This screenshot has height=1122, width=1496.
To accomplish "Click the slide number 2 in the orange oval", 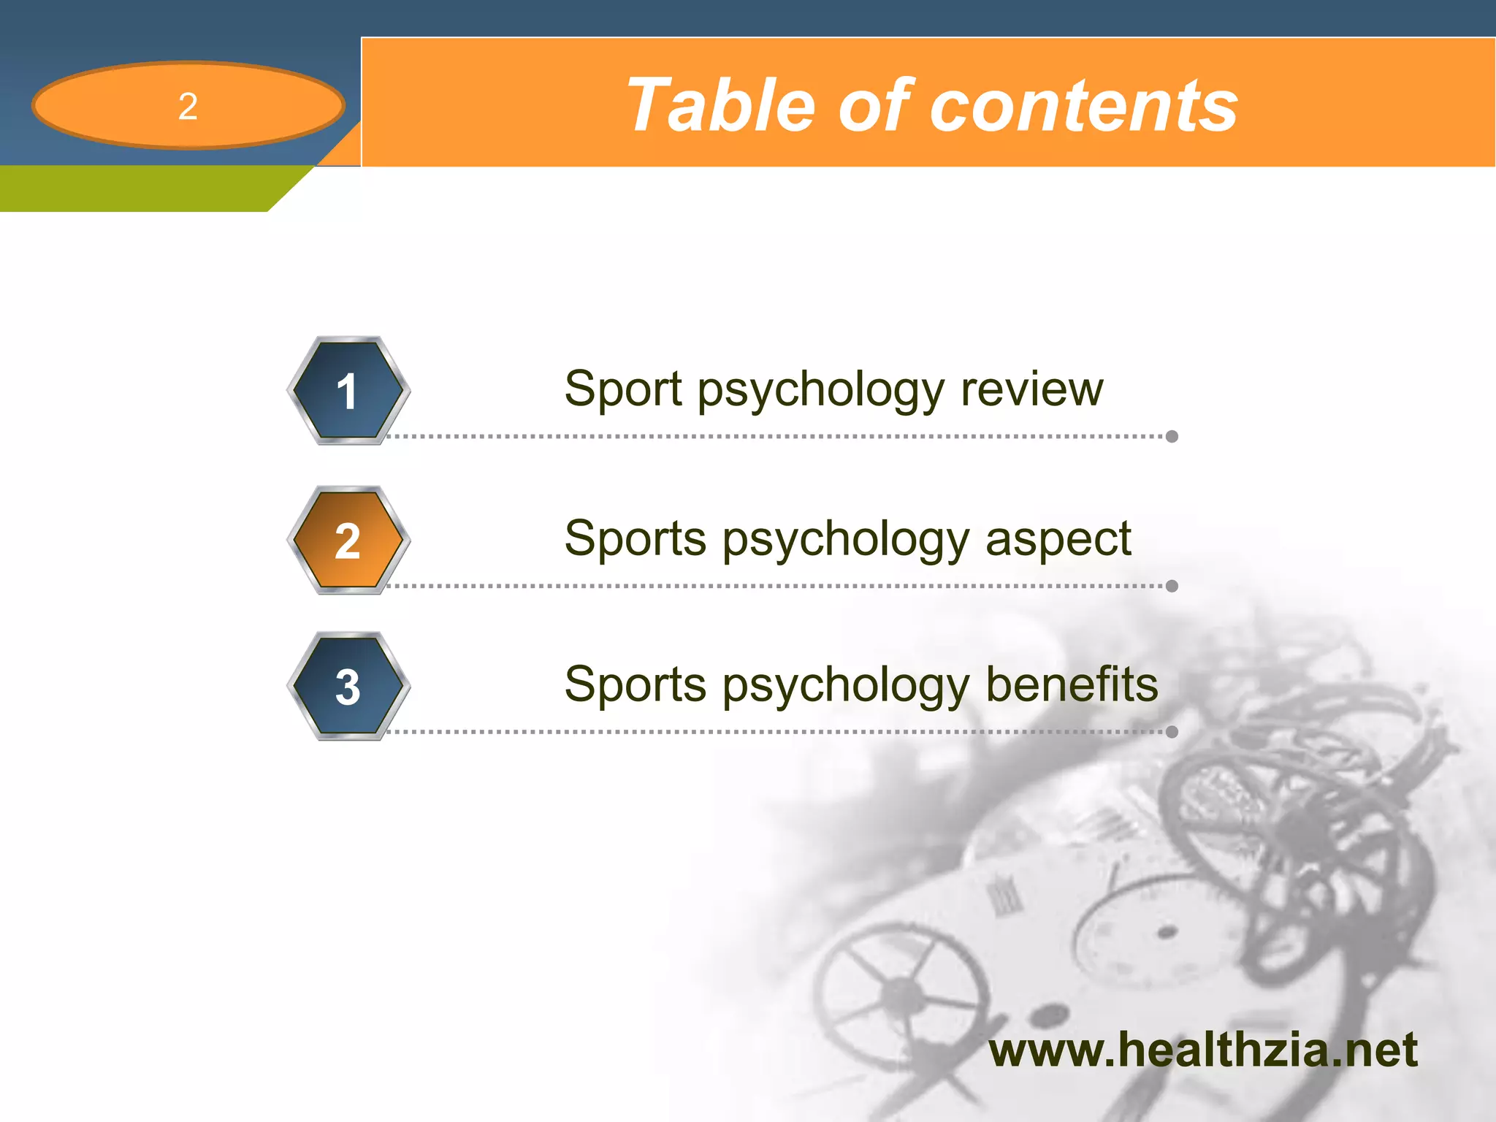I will (188, 107).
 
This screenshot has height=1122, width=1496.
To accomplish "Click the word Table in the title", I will (720, 106).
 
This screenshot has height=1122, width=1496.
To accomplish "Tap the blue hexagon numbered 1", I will (348, 391).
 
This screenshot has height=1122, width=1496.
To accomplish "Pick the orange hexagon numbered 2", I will (348, 541).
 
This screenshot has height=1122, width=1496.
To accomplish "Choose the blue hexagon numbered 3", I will (348, 687).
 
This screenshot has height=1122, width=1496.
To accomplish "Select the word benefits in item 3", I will (1071, 684).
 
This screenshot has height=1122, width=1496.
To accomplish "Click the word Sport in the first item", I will (623, 389).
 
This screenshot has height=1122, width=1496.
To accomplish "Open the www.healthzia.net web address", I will (1202, 1050).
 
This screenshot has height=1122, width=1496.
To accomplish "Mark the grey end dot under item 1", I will (1172, 437).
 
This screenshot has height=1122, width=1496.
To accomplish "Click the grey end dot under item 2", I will (1172, 586).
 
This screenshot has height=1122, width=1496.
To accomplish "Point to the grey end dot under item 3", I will (1172, 732).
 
